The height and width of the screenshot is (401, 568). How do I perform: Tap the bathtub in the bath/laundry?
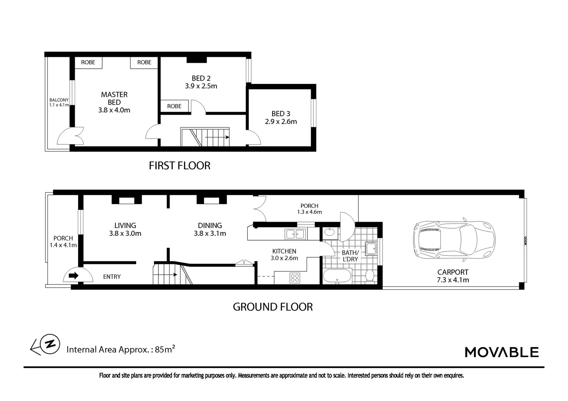337,276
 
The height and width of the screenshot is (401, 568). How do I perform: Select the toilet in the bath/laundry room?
369,276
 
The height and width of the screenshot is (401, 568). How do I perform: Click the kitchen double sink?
295,234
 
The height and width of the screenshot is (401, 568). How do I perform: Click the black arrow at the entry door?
74,276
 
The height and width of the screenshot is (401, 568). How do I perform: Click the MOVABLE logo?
501,352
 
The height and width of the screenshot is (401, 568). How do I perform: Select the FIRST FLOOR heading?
180,166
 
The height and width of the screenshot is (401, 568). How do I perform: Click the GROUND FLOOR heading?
272,307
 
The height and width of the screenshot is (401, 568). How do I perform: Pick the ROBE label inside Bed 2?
174,106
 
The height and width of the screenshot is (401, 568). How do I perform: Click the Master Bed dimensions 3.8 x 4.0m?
114,110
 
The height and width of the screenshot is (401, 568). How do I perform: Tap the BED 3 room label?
281,114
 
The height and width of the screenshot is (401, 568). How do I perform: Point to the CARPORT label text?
453,272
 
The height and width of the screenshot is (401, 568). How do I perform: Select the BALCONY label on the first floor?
59,100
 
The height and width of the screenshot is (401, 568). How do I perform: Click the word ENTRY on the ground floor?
112,277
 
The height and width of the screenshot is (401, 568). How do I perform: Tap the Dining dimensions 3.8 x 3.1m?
210,234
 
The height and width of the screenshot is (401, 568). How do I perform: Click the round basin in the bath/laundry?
329,233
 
